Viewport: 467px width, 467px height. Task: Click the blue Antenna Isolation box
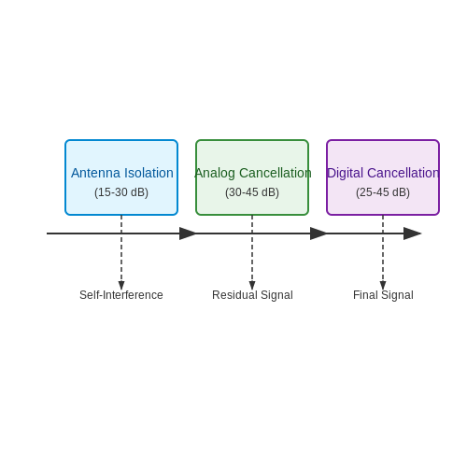[x=121, y=177]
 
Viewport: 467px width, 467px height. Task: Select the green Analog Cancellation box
[x=252, y=177]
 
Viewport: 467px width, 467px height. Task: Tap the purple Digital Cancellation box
[x=383, y=177]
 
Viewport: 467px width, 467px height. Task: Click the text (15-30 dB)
[x=121, y=192]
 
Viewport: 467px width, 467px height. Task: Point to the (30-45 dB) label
[x=252, y=192]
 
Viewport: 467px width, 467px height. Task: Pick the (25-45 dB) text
[x=383, y=192]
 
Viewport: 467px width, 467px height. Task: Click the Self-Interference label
[x=121, y=295]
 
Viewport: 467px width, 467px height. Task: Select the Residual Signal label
[x=252, y=295]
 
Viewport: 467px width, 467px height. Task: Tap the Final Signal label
[x=383, y=295]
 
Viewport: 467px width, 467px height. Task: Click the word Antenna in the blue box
[x=95, y=173]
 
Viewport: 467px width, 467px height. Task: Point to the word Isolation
[x=149, y=173]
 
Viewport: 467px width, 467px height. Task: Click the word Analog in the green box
[x=215, y=173]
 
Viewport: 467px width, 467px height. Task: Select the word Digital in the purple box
[x=345, y=173]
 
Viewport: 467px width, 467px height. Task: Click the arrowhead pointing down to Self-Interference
[x=121, y=285]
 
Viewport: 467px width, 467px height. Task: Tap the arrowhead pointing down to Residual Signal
[x=252, y=285]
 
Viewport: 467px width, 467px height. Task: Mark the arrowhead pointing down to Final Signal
[x=383, y=285]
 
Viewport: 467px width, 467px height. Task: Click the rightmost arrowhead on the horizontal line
[x=412, y=233]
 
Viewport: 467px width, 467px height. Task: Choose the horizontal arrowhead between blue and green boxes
[x=188, y=233]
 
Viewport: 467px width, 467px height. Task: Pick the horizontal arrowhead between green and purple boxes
[x=318, y=233]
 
